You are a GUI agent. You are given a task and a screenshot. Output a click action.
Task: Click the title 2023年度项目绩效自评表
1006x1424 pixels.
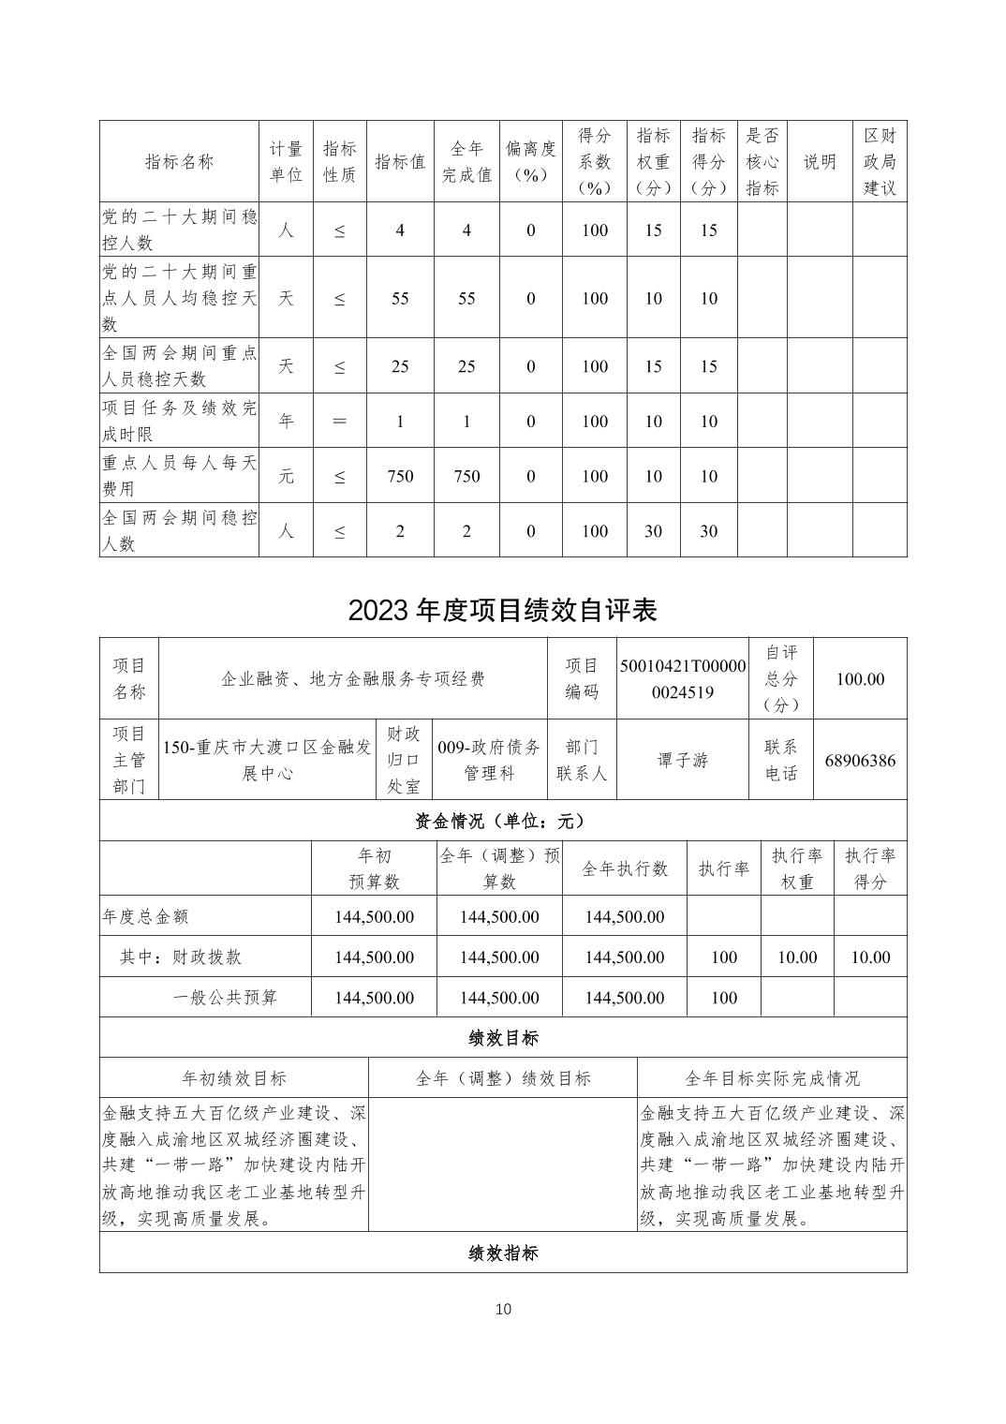502,610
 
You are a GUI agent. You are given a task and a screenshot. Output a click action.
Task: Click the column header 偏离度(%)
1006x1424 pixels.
530,161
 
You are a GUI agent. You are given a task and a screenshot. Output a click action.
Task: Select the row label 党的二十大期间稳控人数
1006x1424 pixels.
179,230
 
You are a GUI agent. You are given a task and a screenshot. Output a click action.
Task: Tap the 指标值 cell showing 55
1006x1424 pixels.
400,298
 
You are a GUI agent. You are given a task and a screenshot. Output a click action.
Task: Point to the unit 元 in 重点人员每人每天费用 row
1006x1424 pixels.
286,476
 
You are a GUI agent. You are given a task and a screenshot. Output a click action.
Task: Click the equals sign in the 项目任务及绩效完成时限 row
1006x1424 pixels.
339,422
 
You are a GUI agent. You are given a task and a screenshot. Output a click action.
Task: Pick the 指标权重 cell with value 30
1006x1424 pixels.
653,531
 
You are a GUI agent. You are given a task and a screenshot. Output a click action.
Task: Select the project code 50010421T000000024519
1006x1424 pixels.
683,679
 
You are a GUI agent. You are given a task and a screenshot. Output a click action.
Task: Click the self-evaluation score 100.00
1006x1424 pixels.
860,679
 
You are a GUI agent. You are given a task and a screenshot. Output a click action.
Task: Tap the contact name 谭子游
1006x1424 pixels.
683,760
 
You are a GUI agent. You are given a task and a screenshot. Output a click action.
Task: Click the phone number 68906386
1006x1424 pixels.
860,760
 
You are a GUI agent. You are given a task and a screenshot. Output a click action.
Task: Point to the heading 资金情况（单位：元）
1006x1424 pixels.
502,821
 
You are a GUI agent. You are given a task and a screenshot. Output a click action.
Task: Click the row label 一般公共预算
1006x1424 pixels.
225,998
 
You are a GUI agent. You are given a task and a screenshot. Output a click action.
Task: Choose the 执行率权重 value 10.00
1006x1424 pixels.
797,957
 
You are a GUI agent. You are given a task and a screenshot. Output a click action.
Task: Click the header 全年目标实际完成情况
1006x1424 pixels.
772,1078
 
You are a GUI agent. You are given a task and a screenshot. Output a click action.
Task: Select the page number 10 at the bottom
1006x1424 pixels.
503,1309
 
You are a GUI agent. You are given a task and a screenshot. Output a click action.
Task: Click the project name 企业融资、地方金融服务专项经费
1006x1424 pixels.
353,679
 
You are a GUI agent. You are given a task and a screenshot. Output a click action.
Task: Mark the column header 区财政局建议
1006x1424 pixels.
880,161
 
